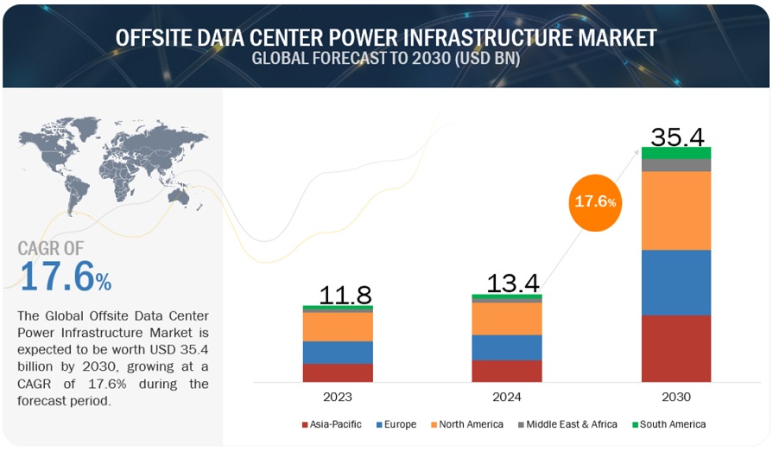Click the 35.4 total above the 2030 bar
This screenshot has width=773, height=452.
click(x=676, y=137)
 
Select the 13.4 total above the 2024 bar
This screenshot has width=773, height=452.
click(x=513, y=283)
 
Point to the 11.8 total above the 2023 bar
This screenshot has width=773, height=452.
click(x=345, y=294)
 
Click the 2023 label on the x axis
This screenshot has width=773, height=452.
click(x=338, y=398)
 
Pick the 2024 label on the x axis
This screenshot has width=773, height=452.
click(x=507, y=398)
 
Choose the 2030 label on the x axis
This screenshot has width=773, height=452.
click(x=676, y=398)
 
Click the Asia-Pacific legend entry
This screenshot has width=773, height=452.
click(x=332, y=424)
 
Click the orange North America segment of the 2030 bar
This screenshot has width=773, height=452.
click(x=676, y=210)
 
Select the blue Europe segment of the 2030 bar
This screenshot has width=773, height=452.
click(x=676, y=283)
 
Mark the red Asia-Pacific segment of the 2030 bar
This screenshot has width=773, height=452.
click(x=676, y=348)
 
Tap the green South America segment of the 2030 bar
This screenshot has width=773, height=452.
click(x=676, y=152)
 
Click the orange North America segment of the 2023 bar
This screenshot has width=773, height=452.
click(x=338, y=327)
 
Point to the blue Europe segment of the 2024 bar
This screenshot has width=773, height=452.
click(x=507, y=347)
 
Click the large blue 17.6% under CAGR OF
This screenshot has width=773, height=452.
click(x=65, y=277)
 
